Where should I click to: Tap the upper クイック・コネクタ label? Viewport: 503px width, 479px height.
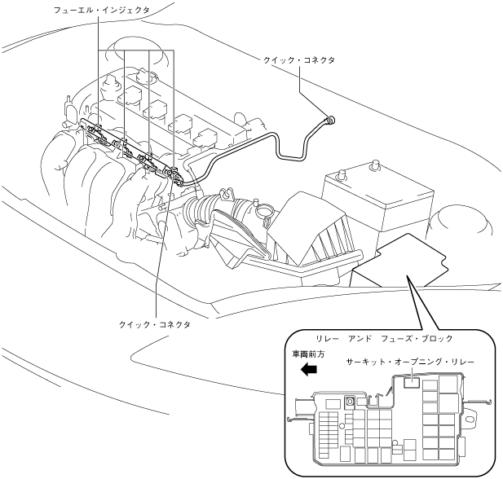(x=300, y=60)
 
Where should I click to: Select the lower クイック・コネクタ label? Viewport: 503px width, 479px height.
(x=155, y=323)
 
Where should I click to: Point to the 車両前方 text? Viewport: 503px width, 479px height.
(x=309, y=354)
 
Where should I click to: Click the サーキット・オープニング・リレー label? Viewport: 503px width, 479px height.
(x=409, y=359)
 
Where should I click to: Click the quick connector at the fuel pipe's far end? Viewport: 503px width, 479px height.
(x=329, y=119)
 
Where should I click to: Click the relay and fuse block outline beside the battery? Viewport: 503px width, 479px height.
(x=404, y=261)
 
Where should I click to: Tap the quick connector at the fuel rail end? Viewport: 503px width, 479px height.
(x=174, y=173)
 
